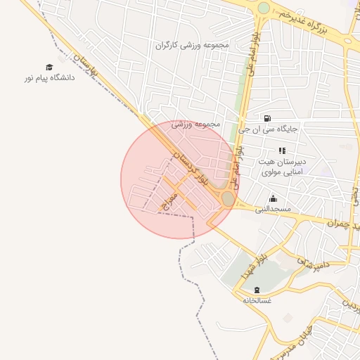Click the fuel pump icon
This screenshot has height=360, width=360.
coord(268,118)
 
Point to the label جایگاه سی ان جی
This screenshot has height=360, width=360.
coord(269,129)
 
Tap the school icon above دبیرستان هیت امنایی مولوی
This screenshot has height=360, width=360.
coord(282,150)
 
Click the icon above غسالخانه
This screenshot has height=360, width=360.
coord(257,289)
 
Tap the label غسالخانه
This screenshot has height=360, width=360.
coord(257,300)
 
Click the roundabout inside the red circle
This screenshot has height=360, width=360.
coord(228,199)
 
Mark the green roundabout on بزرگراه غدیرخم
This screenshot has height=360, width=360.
coord(264,8)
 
